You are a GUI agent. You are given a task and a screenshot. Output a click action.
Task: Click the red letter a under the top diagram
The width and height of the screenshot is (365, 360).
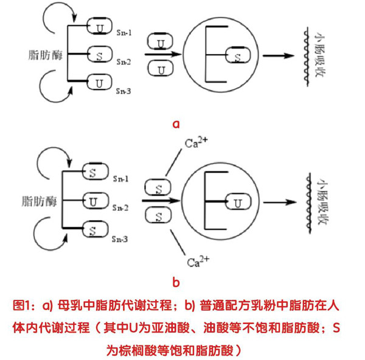[x=177, y=124]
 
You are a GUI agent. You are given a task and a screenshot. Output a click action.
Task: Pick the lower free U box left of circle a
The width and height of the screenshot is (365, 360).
[x=160, y=69]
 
